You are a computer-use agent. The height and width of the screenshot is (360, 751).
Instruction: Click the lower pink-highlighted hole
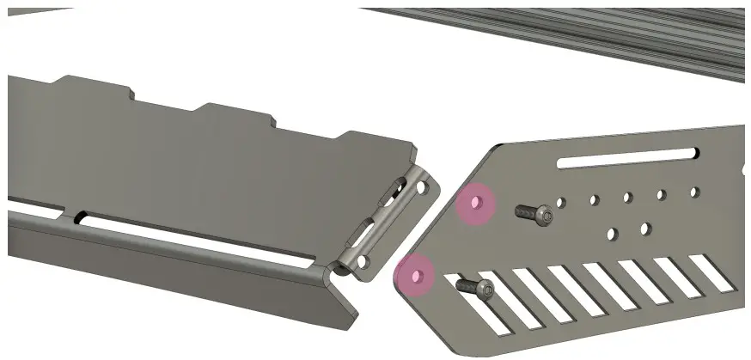(x=418, y=276)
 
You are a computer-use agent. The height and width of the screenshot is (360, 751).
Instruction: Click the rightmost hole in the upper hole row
(x=694, y=192)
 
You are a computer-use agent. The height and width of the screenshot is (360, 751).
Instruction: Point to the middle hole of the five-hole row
(x=627, y=198)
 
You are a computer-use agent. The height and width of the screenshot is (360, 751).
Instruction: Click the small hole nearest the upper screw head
(x=560, y=203)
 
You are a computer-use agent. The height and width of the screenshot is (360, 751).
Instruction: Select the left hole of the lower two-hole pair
(x=612, y=233)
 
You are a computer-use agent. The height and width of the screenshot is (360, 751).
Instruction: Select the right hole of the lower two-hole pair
(x=645, y=229)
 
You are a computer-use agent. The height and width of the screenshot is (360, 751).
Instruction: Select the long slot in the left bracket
(x=198, y=244)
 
